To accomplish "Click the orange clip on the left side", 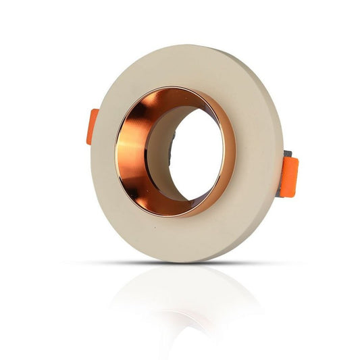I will (x=93, y=126).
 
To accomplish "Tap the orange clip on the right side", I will (x=288, y=176).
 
